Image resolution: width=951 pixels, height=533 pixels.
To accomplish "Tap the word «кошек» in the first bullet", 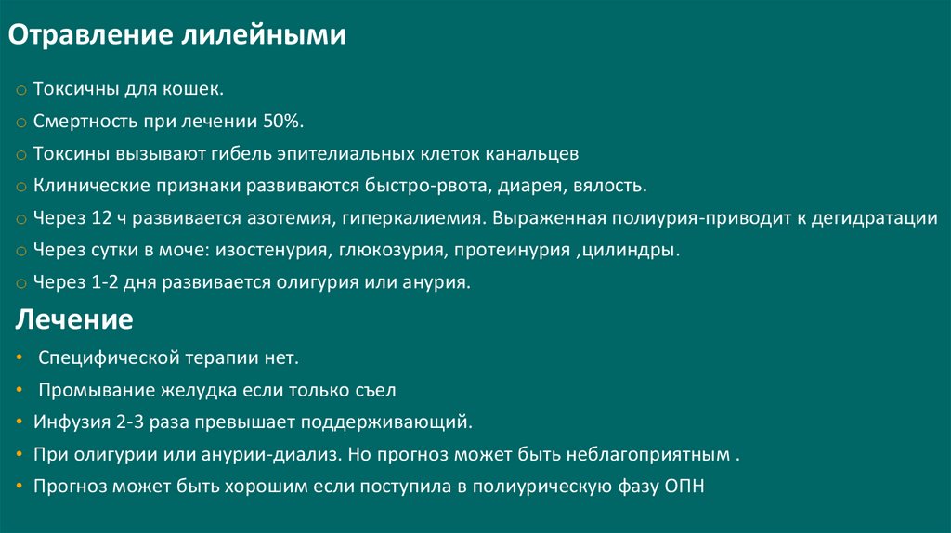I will coord(193,90).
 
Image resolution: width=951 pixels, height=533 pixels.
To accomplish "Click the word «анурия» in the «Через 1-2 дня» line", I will coord(437,282).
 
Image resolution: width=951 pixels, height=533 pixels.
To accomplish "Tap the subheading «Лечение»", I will coord(74,321).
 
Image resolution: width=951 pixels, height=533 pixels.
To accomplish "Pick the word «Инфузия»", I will coord(72,422).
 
